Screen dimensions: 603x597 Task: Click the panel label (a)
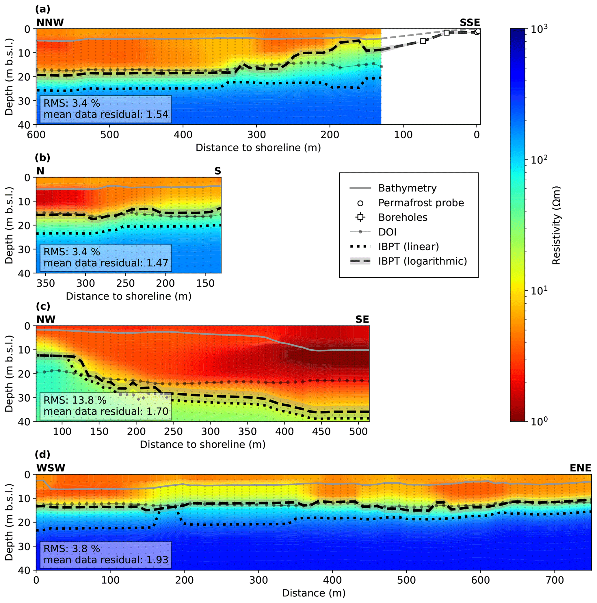pos(42,9)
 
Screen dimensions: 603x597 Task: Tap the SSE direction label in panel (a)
pos(469,23)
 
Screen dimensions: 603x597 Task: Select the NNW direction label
pos(50,23)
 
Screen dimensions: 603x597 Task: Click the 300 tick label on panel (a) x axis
pos(256,135)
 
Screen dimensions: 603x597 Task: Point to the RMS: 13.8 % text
pos(75,400)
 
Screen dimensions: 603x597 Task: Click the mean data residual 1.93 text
pos(106,560)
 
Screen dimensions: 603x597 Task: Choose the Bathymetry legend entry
pos(407,188)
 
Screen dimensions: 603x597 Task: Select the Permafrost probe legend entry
pos(421,203)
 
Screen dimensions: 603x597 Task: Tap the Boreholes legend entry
pos(403,217)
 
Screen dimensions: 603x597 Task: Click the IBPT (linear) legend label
pos(408,246)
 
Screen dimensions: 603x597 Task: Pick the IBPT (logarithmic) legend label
pos(422,261)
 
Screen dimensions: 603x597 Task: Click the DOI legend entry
pos(387,232)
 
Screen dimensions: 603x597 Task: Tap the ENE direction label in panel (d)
pos(580,468)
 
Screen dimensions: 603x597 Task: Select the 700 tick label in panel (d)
pos(554,580)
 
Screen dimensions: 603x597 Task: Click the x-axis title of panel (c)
pos(202,444)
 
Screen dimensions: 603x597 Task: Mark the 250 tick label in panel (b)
pos(125,283)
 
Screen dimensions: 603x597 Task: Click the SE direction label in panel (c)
pos(362,319)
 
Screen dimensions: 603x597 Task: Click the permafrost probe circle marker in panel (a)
pos(477,31)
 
